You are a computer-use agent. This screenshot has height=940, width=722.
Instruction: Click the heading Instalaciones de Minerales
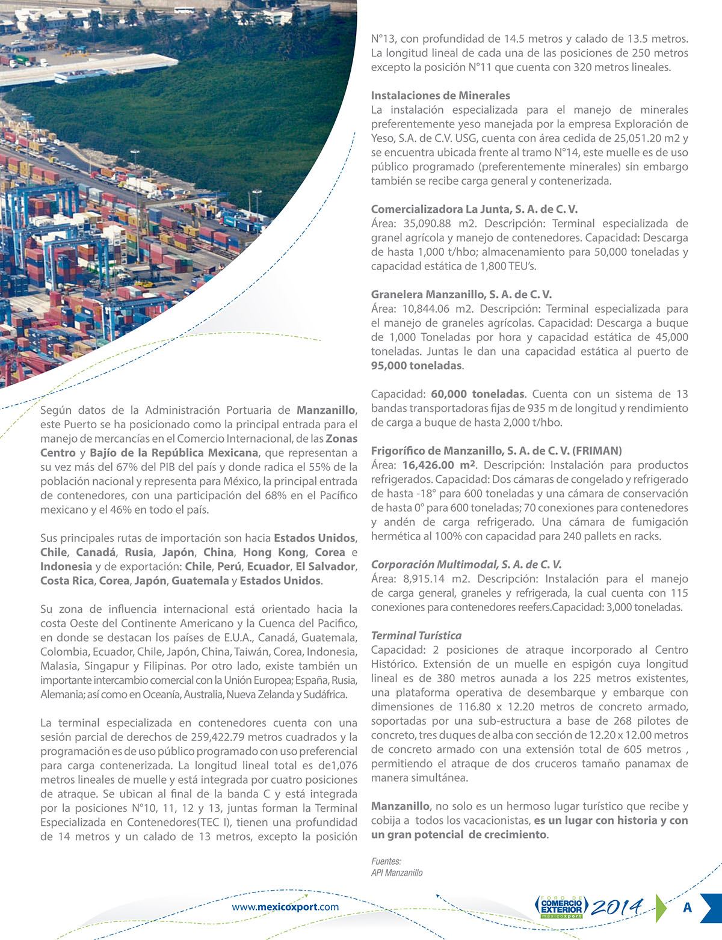(440, 96)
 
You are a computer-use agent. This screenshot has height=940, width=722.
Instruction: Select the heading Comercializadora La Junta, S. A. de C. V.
(474, 209)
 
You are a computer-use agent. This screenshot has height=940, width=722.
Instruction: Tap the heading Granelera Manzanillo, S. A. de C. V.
(461, 295)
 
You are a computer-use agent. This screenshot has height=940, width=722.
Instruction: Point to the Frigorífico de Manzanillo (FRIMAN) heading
(496, 450)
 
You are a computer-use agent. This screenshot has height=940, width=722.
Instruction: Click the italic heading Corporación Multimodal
(466, 564)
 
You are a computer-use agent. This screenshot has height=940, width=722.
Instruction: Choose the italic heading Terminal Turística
(416, 635)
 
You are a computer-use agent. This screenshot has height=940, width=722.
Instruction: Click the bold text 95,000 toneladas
(416, 366)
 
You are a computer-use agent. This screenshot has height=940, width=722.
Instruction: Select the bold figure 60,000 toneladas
(478, 394)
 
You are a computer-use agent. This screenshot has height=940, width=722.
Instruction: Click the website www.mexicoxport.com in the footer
(285, 907)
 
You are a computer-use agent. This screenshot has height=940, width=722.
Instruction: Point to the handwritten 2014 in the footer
(617, 906)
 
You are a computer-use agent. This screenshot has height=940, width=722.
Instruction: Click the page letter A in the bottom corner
(687, 907)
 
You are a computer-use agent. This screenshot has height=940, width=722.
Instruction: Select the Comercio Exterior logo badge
(561, 907)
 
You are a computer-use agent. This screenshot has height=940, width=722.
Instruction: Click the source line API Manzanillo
(396, 873)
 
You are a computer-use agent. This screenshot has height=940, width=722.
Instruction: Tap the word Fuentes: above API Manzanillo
(386, 861)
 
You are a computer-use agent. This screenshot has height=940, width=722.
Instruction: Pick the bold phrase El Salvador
(325, 567)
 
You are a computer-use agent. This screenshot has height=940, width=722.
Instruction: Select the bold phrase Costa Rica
(67, 581)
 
